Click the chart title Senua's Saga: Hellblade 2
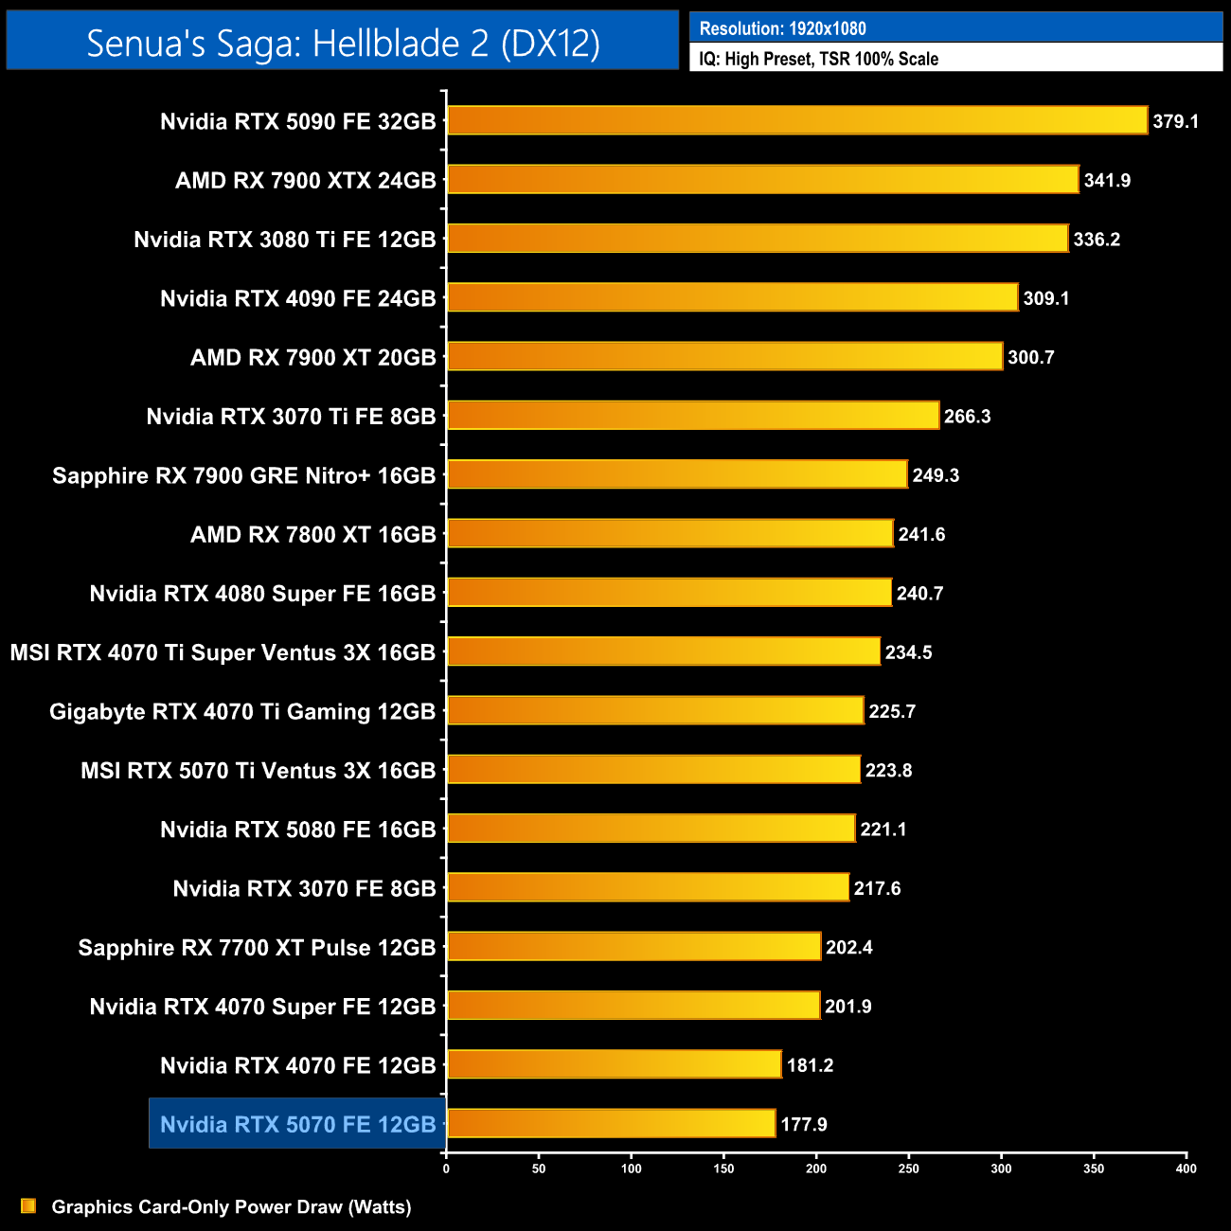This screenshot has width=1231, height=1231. (343, 43)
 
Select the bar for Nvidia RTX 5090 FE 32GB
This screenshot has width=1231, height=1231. (796, 120)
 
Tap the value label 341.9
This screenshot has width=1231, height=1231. (1107, 180)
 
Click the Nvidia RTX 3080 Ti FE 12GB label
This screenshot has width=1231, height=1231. (285, 240)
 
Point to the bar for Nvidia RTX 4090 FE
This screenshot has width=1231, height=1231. (732, 297)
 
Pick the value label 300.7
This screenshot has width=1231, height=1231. (1030, 357)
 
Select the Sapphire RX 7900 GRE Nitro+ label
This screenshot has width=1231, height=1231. (243, 475)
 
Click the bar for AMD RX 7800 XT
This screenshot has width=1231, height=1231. (669, 533)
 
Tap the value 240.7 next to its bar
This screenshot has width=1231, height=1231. (919, 594)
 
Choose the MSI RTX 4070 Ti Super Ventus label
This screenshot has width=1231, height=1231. (223, 652)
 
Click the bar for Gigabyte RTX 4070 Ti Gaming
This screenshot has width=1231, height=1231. (655, 710)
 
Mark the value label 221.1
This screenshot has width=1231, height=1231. (883, 830)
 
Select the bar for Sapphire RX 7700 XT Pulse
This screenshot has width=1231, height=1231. (633, 946)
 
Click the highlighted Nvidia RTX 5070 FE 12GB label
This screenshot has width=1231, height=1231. (297, 1124)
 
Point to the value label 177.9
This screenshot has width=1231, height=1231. (804, 1124)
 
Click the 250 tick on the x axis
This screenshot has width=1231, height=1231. (908, 1169)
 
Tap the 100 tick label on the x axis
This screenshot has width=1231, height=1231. (631, 1169)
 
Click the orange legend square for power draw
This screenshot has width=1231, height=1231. (28, 1205)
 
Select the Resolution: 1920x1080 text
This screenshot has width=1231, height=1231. (782, 28)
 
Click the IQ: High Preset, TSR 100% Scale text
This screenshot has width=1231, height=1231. (818, 59)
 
